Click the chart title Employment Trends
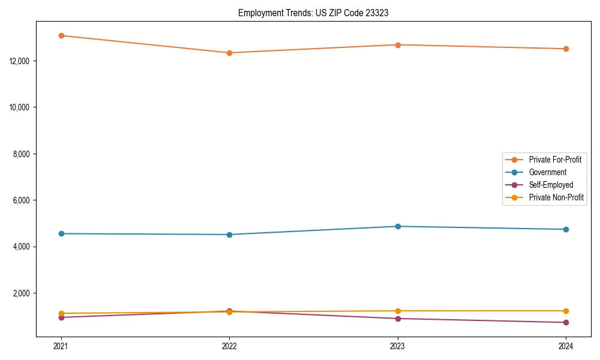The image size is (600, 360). click(313, 13)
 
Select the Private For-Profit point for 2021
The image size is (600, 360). click(61, 35)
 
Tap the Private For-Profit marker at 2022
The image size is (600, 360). click(229, 53)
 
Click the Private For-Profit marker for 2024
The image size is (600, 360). click(566, 49)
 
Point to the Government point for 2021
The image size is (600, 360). click(61, 233)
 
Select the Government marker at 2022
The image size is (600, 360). click(229, 235)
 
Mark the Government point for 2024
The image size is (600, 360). click(566, 229)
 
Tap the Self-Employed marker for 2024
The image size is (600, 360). click(566, 323)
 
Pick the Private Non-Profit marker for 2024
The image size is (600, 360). click(566, 311)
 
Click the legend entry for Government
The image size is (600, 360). click(547, 172)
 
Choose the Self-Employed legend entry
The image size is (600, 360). click(551, 185)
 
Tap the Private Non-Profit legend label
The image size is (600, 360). click(556, 197)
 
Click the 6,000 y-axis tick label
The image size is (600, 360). click(22, 200)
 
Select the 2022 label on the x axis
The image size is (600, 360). click(229, 346)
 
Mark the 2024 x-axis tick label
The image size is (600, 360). click(566, 346)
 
